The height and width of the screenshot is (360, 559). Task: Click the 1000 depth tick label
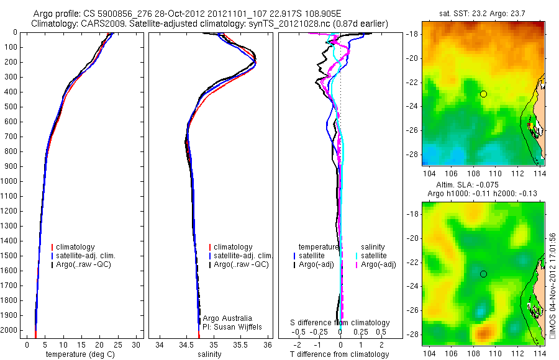tap(9, 181)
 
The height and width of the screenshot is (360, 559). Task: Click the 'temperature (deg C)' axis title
tap(80, 354)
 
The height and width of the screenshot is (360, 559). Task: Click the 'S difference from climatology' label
tap(340, 323)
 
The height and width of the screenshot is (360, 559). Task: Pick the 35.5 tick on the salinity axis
tap(240, 344)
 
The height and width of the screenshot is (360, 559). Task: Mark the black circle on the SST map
tap(483, 94)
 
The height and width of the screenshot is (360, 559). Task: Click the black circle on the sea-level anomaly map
tap(483, 274)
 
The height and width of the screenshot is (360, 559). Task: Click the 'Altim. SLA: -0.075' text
tap(480, 186)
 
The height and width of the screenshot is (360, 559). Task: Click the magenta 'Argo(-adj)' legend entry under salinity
tap(378, 264)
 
